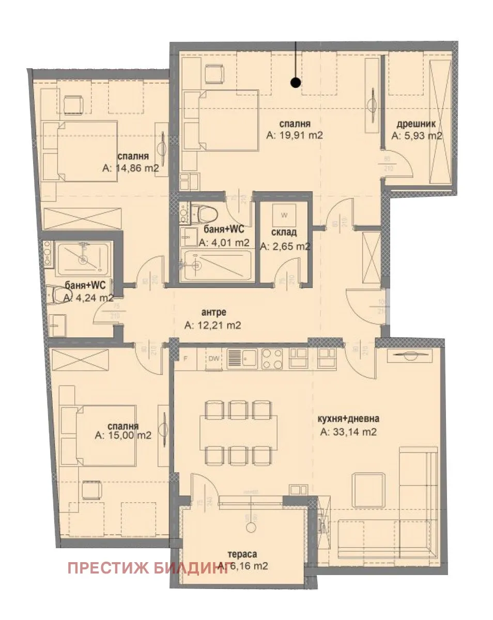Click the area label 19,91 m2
295,136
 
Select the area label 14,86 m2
130,168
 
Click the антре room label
212,312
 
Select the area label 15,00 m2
123,435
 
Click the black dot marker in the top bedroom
295,82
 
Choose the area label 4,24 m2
88,298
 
